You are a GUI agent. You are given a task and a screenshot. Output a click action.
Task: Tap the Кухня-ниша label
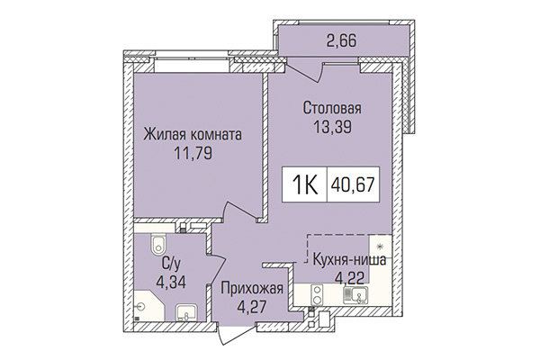(350, 260)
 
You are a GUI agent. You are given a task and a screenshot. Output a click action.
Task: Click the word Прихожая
(253, 289)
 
